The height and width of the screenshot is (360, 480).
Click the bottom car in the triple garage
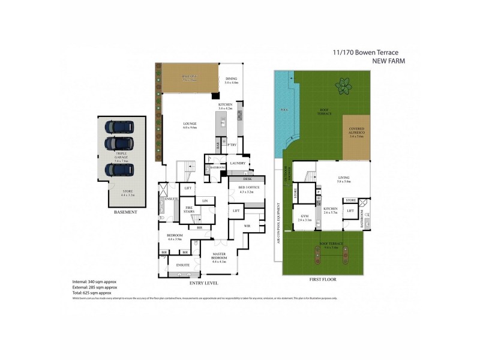tap(119, 170)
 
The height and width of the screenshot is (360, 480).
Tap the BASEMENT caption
tap(125, 212)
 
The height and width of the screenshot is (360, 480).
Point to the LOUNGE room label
tap(190, 125)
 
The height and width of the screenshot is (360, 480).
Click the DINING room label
tap(232, 79)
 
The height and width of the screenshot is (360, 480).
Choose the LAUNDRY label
tap(235, 163)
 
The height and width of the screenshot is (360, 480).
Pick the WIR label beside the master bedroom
tap(247, 226)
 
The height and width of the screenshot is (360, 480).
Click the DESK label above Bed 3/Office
tap(247, 179)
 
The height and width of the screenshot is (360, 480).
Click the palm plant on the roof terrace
tap(344, 86)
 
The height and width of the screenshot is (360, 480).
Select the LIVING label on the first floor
tap(344, 178)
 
